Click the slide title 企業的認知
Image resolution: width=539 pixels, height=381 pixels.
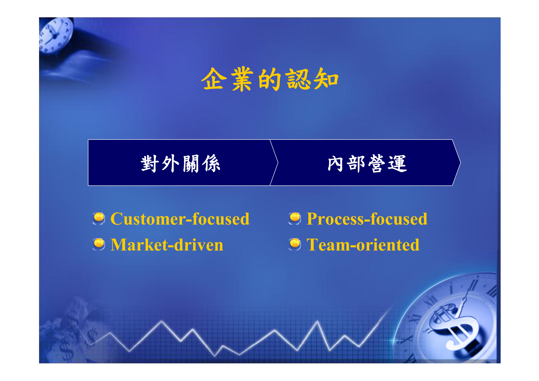point(270,79)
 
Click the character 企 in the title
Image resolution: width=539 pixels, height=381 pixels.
point(214,79)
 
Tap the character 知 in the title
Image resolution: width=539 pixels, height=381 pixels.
point(326,79)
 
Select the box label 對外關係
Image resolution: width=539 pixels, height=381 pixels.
point(180,164)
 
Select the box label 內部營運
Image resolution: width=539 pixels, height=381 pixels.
point(367,164)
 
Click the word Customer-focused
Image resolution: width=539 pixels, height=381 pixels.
point(180,219)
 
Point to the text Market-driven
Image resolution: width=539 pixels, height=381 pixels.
point(167,245)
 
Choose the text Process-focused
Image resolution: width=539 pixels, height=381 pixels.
point(367,219)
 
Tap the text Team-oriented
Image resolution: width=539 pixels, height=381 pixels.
point(363,245)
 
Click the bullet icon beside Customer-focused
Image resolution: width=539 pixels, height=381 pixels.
point(99,218)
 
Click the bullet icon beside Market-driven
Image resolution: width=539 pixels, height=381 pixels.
point(99,244)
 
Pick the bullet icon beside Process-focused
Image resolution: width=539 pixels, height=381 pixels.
point(295,218)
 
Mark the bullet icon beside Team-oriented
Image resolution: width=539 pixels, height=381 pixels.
point(295,244)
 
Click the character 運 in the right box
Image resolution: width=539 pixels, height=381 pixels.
point(397,164)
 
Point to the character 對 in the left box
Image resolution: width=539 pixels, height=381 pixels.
point(150,164)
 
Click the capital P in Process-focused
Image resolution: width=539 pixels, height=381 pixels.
point(312,219)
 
